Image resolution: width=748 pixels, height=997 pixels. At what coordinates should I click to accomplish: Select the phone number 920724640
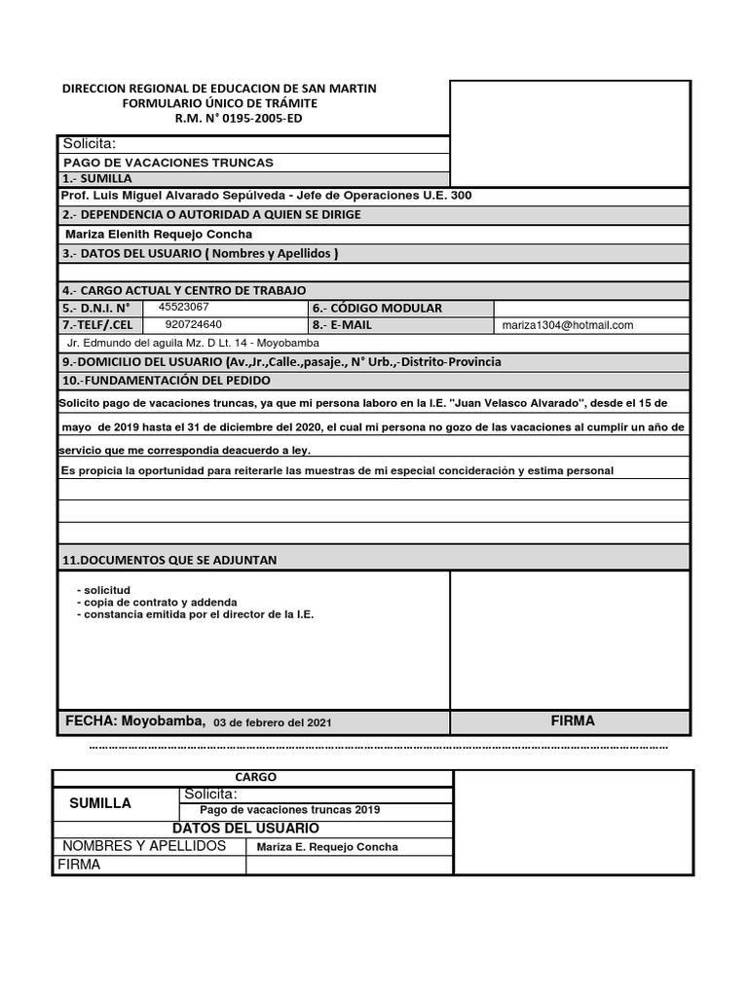coord(193,324)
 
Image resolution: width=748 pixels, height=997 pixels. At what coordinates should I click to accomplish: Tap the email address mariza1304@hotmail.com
coord(568,325)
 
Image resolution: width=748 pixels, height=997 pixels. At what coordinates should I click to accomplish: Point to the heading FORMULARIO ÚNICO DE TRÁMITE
coord(219,103)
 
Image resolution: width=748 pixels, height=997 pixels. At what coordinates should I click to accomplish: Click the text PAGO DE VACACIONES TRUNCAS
coord(168,163)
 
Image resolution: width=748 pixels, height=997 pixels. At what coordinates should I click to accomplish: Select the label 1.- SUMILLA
coord(96,179)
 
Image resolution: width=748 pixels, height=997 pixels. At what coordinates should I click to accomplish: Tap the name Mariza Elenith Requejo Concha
coord(159,234)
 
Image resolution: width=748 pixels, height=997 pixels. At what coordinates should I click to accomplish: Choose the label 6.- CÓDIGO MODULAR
coord(378,308)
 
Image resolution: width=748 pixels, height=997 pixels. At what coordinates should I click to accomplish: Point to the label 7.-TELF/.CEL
coord(97,325)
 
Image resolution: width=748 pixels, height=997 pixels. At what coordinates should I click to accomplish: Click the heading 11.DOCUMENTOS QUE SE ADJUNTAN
coord(169,560)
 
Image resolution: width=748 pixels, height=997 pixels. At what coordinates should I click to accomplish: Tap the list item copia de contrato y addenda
coord(161,603)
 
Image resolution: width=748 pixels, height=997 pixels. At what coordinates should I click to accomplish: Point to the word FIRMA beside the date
coord(572,721)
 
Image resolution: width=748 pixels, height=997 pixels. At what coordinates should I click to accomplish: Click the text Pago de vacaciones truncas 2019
coord(289,810)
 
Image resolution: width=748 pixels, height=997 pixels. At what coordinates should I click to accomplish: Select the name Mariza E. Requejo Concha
coord(327,847)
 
